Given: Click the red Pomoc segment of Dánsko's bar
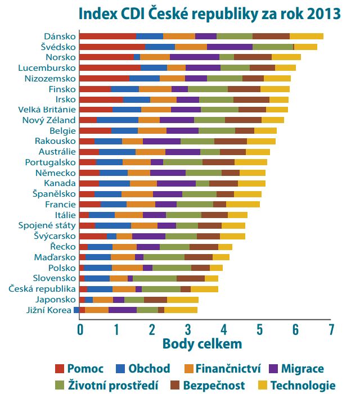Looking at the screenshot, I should click(x=107, y=36).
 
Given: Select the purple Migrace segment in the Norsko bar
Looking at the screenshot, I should click(x=194, y=57).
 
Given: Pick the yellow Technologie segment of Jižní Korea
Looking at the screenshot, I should click(x=181, y=310).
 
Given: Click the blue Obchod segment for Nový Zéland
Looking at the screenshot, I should click(x=117, y=120).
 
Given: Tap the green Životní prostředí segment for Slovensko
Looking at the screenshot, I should click(x=155, y=278).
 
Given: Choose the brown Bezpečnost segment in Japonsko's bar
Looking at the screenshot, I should click(x=155, y=300).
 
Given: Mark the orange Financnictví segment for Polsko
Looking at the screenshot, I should click(x=127, y=268).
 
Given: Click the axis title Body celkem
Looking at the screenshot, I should click(x=202, y=343).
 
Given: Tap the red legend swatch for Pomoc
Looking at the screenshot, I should click(x=59, y=369).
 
